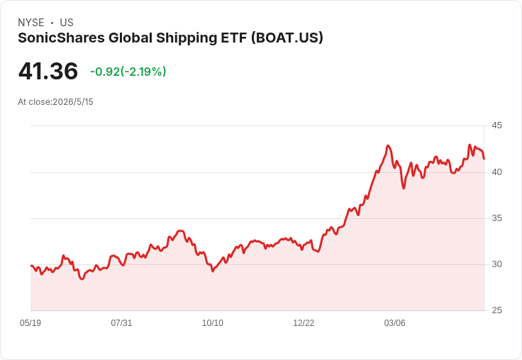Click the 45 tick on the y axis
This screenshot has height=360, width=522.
pyautogui.click(x=496, y=125)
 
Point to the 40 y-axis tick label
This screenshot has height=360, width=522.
pyautogui.click(x=496, y=172)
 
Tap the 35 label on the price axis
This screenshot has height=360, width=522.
pyautogui.click(x=496, y=218)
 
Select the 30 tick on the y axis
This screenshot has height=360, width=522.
pyautogui.click(x=496, y=264)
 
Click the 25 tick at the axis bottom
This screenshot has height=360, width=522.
pyautogui.click(x=496, y=310)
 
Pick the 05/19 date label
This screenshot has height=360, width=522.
pyautogui.click(x=30, y=323)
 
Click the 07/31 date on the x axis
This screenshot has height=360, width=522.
pyautogui.click(x=121, y=323)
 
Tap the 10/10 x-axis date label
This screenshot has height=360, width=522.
pyautogui.click(x=213, y=323)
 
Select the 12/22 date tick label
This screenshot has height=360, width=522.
pyautogui.click(x=304, y=323)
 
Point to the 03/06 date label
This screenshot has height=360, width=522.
pyautogui.click(x=395, y=323)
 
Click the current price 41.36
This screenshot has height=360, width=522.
pyautogui.click(x=48, y=71)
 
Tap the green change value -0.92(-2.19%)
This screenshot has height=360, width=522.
pyautogui.click(x=128, y=72)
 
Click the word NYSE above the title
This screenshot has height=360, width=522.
pyautogui.click(x=31, y=23)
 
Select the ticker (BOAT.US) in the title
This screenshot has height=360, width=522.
pyautogui.click(x=287, y=38)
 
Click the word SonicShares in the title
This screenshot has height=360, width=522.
pyautogui.click(x=61, y=38)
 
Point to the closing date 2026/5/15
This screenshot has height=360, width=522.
pyautogui.click(x=73, y=102)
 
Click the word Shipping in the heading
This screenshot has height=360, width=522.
pyautogui.click(x=187, y=38)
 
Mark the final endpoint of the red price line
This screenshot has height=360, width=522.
pyautogui.click(x=484, y=159)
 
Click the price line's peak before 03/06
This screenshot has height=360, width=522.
pyautogui.click(x=387, y=145)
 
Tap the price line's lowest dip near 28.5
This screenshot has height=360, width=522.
pyautogui.click(x=82, y=279)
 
